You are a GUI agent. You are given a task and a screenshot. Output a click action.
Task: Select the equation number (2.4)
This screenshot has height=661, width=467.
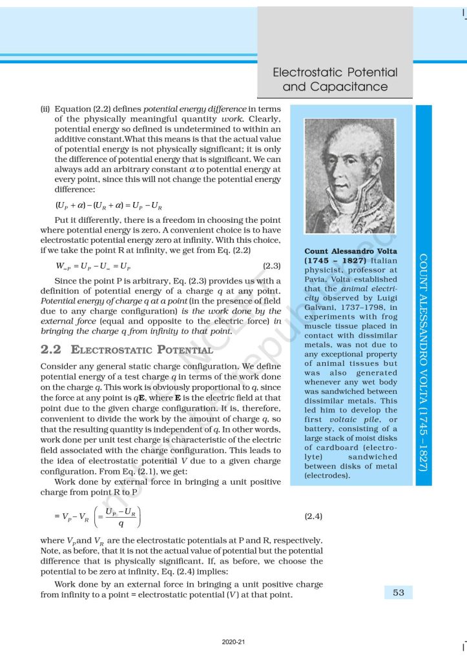click(313, 516)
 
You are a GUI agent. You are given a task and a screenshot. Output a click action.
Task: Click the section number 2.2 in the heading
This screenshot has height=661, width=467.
click(52, 351)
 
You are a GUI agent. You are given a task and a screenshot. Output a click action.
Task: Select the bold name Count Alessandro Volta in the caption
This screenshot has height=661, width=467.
click(351, 250)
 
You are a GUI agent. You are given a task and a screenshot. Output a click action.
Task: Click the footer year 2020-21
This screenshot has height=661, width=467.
click(233, 643)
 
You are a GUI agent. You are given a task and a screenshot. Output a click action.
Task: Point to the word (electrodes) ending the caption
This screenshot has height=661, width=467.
click(327, 476)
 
